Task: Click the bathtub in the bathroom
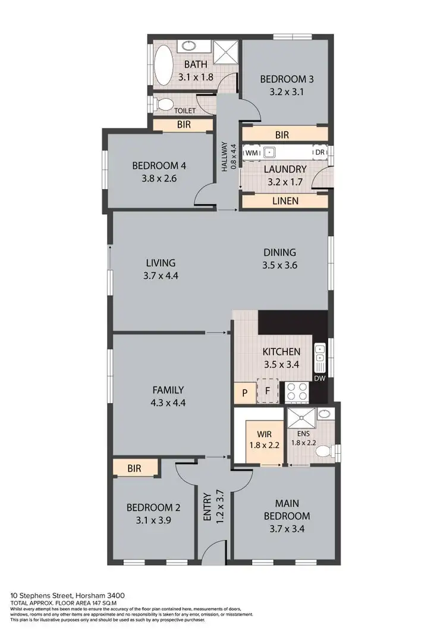pyautogui.click(x=163, y=65)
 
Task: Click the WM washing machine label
pyautogui.click(x=252, y=153)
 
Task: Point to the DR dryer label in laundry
pyautogui.click(x=320, y=153)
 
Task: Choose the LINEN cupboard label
pyautogui.click(x=284, y=202)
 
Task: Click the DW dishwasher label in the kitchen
pyautogui.click(x=320, y=378)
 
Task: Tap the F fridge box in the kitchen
pyautogui.click(x=268, y=391)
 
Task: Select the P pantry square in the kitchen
pyautogui.click(x=244, y=392)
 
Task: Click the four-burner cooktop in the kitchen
pyautogui.click(x=297, y=391)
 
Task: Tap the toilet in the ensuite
pyautogui.click(x=322, y=451)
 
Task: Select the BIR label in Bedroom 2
pyautogui.click(x=134, y=469)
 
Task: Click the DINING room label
pyautogui.click(x=279, y=252)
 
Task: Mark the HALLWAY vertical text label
pyautogui.click(x=225, y=156)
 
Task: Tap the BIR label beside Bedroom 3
pyautogui.click(x=282, y=135)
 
